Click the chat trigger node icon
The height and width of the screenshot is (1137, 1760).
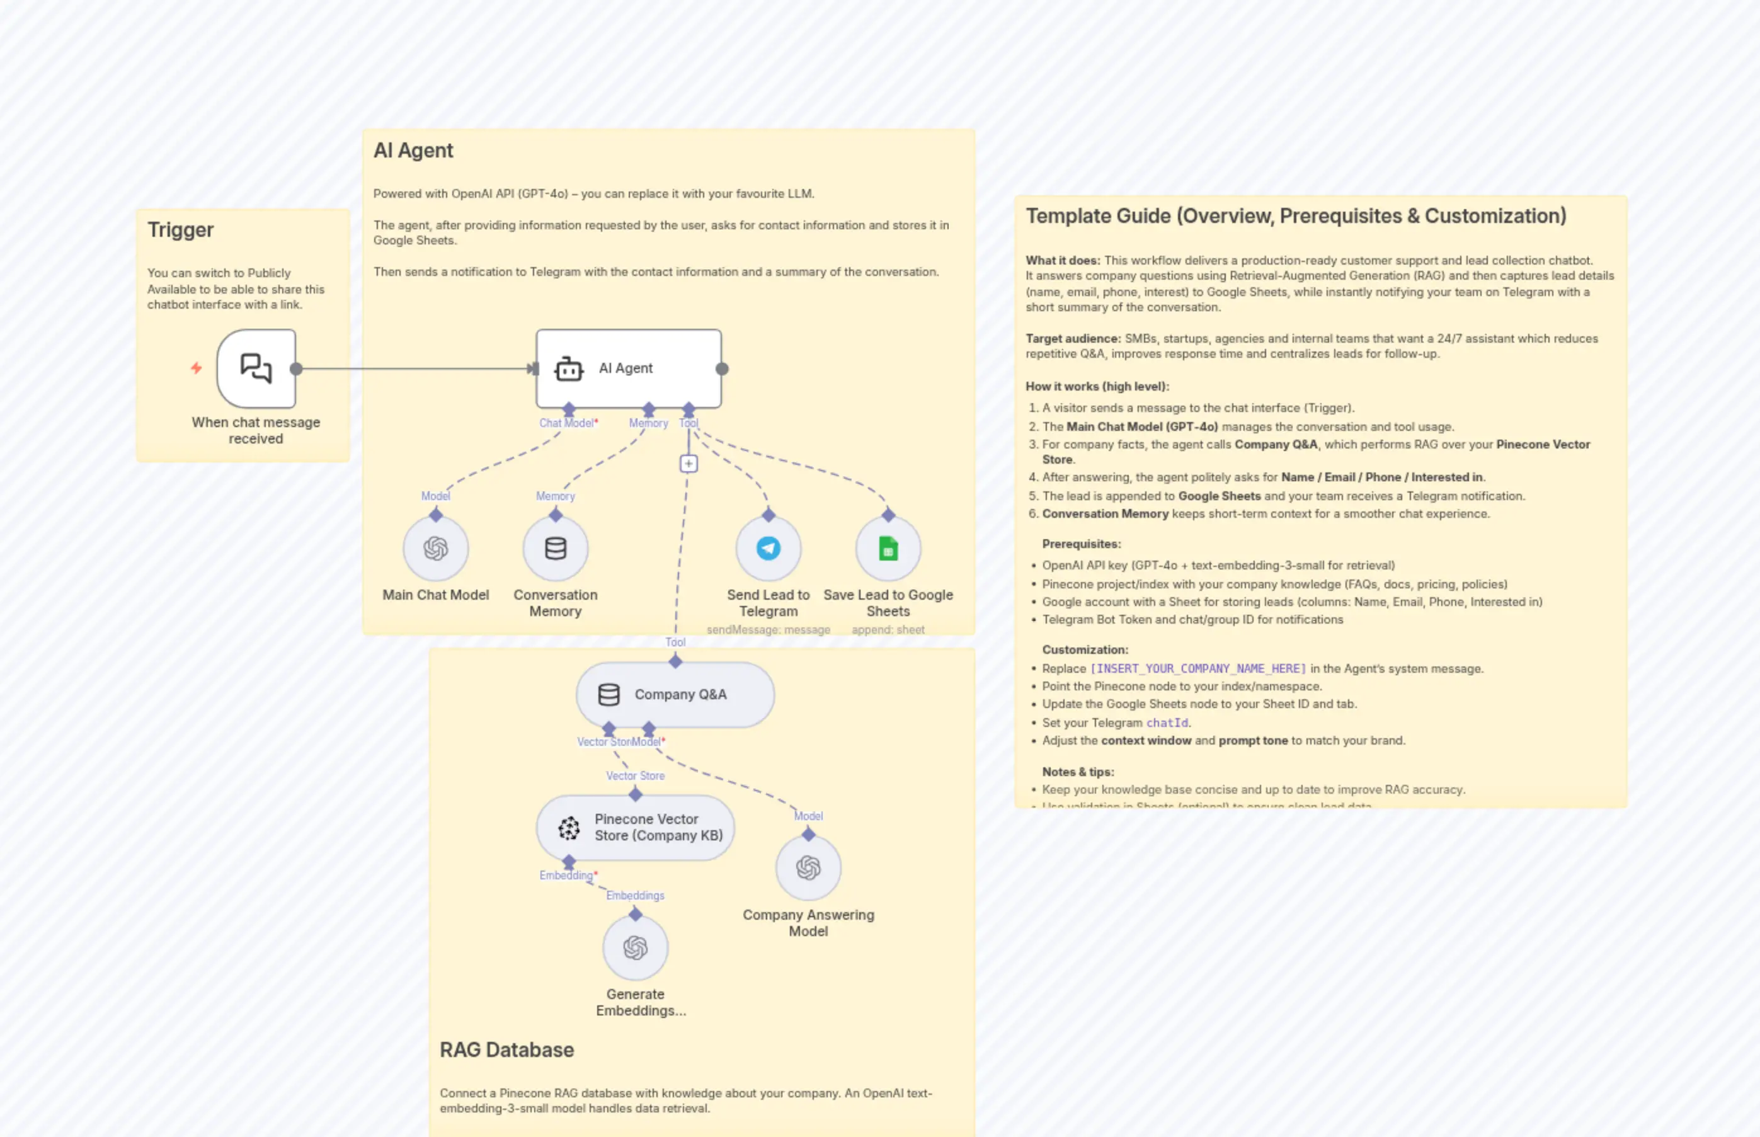pos(256,368)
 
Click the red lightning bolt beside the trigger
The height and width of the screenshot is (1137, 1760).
pos(197,368)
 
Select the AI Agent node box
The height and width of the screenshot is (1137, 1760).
pos(627,368)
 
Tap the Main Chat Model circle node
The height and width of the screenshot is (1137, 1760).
pos(435,549)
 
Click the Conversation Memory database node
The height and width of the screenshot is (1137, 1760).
pos(555,549)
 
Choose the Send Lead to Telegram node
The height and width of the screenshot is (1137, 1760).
pos(768,549)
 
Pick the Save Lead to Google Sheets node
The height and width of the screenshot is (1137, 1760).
pos(888,549)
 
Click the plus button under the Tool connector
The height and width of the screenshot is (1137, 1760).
pos(688,464)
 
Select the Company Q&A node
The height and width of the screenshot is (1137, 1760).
pos(675,694)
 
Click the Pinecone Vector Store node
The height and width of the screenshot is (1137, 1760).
pos(635,827)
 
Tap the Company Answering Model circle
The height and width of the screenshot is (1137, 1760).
pos(808,867)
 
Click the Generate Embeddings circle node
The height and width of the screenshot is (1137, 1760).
pos(635,947)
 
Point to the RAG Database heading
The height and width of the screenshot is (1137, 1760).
pos(506,1049)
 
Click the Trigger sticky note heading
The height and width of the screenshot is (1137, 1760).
pos(180,230)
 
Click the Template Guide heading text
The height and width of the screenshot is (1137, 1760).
pos(1296,215)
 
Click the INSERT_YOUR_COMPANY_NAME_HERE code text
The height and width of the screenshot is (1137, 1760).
pos(1197,668)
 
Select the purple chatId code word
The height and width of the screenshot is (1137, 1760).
pos(1167,723)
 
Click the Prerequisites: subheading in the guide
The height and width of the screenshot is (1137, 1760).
pos(1081,544)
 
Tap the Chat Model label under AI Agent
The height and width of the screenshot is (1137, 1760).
pos(566,423)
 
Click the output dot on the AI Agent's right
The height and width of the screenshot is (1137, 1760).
pos(722,369)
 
